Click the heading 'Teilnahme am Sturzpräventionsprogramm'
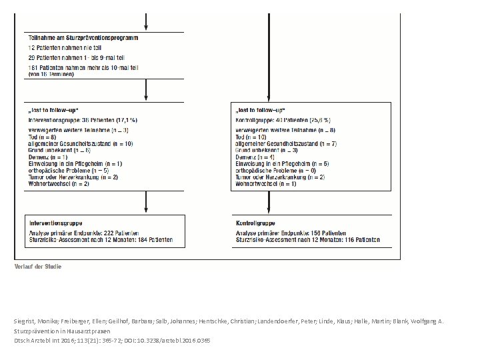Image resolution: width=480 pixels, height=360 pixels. click(x=83, y=38)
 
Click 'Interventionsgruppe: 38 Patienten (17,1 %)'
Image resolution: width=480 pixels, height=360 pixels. click(x=83, y=119)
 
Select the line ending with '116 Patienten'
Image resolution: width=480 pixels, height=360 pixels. click(x=308, y=239)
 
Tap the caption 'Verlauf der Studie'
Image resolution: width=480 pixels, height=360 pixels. click(x=39, y=267)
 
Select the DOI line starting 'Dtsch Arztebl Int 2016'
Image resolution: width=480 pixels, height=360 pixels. click(x=112, y=340)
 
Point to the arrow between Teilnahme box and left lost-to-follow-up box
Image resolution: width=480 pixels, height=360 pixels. click(x=147, y=90)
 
